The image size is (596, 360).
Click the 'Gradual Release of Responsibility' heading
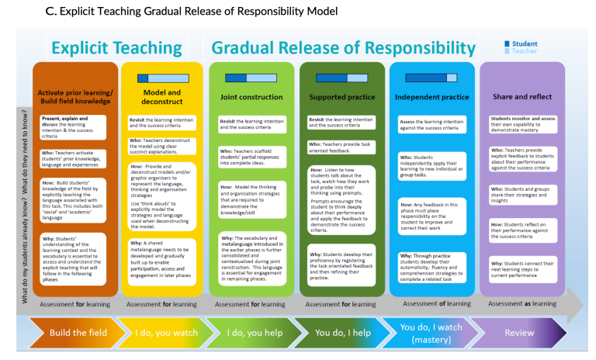(x=343, y=48)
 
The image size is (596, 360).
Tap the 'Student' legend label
(x=525, y=43)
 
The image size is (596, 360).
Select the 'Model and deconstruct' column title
(x=162, y=97)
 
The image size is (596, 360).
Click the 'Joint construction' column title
(x=250, y=98)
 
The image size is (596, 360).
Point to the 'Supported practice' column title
(x=341, y=98)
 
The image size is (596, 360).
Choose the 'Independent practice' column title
(x=431, y=98)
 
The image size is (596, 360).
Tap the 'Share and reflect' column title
(x=522, y=97)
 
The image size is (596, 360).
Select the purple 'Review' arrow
(x=519, y=333)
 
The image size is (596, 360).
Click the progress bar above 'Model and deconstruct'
(x=162, y=78)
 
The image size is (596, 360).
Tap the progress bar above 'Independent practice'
(x=431, y=78)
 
